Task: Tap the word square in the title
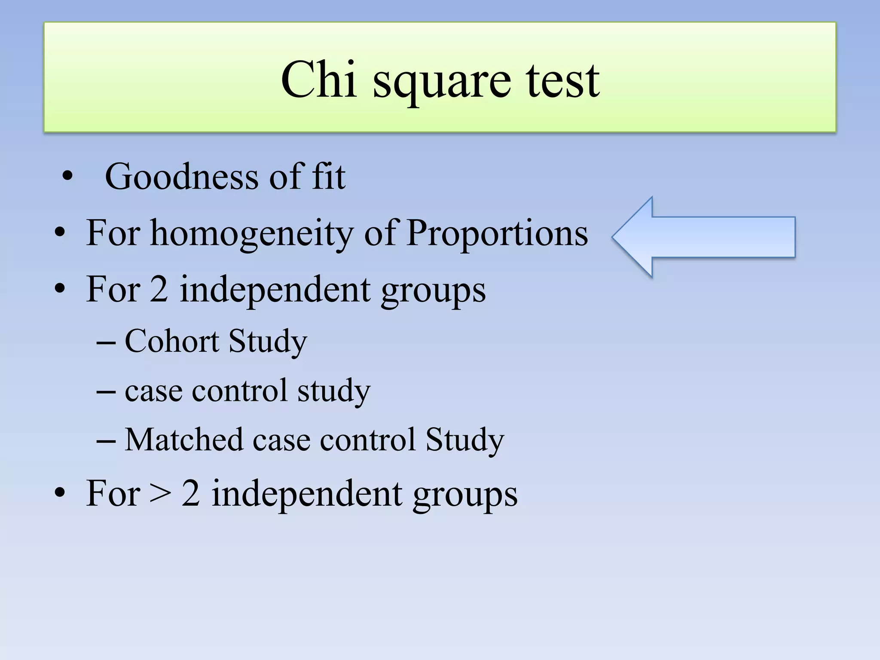pyautogui.click(x=442, y=84)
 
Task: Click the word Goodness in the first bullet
pyautogui.click(x=181, y=177)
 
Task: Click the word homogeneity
pyautogui.click(x=251, y=234)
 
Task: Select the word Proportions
pyautogui.click(x=497, y=234)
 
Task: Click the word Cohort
pyautogui.click(x=172, y=341)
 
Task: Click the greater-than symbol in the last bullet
pyautogui.click(x=160, y=494)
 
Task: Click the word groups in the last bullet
pyautogui.click(x=465, y=495)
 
